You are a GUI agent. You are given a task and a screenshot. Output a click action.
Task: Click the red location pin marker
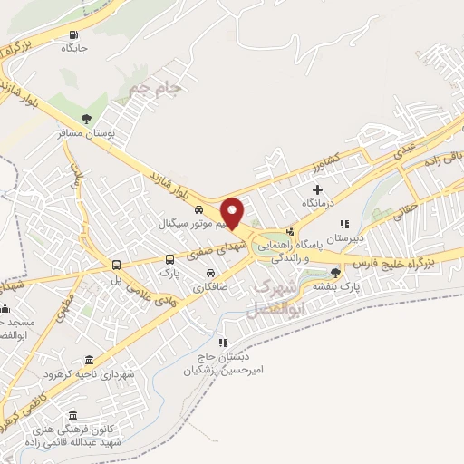[233, 212]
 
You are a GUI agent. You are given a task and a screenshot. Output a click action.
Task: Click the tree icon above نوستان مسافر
[86, 118]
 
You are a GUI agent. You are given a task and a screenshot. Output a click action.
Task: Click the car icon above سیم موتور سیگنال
[198, 209]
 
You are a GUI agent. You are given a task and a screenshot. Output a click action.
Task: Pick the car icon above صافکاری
[210, 274]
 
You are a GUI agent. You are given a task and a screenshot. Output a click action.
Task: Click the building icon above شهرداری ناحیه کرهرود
[88, 360]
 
